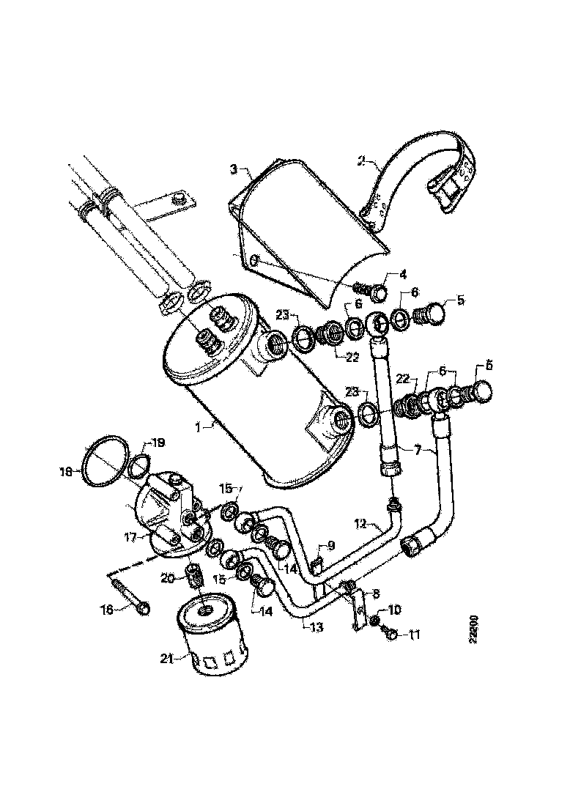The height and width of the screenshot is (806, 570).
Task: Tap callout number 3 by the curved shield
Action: pos(232,169)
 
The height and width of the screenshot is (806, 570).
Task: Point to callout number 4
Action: pos(402,276)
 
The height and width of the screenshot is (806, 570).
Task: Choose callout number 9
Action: pos(331,545)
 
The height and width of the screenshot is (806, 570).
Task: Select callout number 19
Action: pos(158,443)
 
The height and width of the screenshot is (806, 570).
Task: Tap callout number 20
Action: pos(168,578)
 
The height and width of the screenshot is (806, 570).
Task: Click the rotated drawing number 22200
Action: pos(475,629)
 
